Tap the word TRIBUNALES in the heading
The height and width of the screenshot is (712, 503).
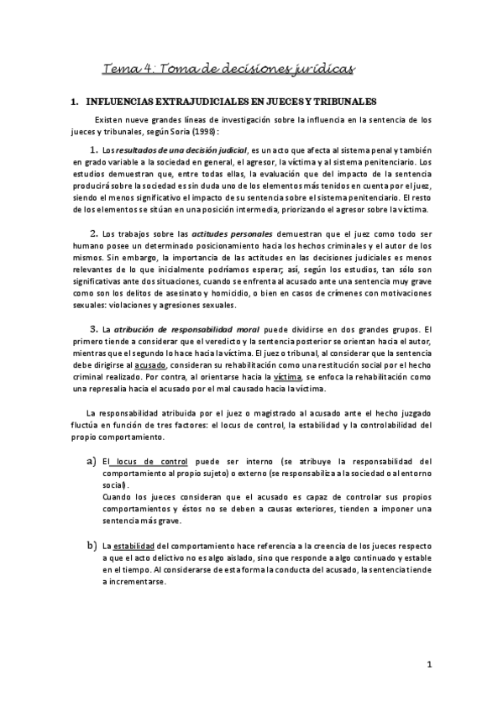[341, 101]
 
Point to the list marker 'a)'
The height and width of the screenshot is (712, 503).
[90, 462]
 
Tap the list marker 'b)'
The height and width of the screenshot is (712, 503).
[90, 547]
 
